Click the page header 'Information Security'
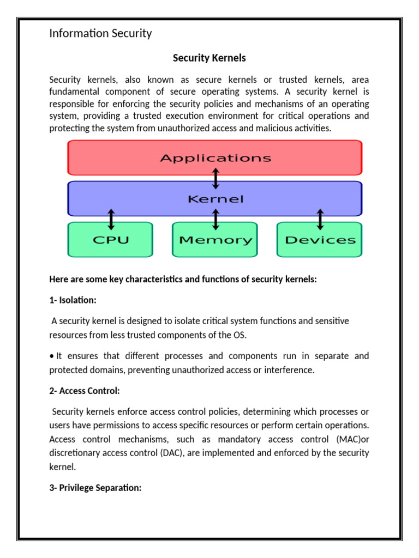tap(100, 34)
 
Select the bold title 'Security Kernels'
tap(209, 58)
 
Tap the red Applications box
tap(214, 158)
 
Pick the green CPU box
tap(110, 240)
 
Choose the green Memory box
tap(215, 240)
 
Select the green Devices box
tap(320, 240)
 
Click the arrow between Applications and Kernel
tap(216, 178)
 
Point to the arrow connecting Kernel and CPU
tap(111, 219)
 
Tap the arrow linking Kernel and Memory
tap(216, 219)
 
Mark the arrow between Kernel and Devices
tap(320, 219)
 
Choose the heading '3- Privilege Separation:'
tap(95, 488)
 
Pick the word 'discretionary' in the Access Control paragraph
tap(75, 453)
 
